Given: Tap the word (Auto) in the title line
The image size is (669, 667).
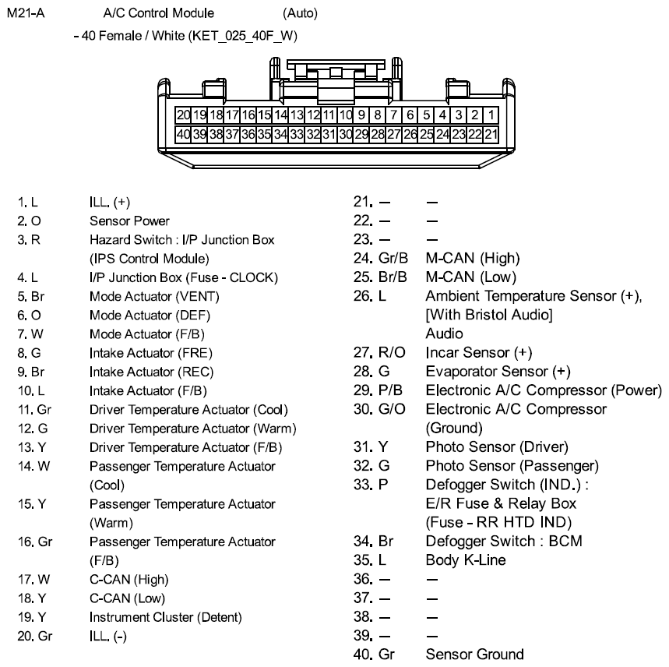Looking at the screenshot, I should (301, 14).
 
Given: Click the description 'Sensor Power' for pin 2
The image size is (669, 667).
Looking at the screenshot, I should (129, 221).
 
